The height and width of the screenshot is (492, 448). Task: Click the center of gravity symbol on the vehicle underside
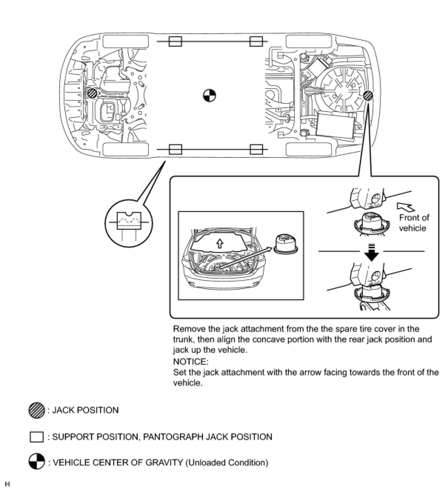pyautogui.click(x=210, y=96)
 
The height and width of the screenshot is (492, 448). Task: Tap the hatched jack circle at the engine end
pyautogui.click(x=91, y=93)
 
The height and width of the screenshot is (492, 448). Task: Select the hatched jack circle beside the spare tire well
pyautogui.click(x=368, y=96)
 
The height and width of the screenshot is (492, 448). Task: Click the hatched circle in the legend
pyautogui.click(x=37, y=410)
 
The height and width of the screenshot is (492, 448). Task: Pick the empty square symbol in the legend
pyautogui.click(x=37, y=437)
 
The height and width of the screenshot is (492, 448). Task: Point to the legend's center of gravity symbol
pyautogui.click(x=37, y=462)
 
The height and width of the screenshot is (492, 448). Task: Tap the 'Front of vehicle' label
pyautogui.click(x=414, y=223)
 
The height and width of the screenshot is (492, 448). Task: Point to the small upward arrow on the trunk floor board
pyautogui.click(x=220, y=243)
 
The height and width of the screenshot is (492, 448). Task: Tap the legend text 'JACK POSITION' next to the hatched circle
pyautogui.click(x=85, y=410)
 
